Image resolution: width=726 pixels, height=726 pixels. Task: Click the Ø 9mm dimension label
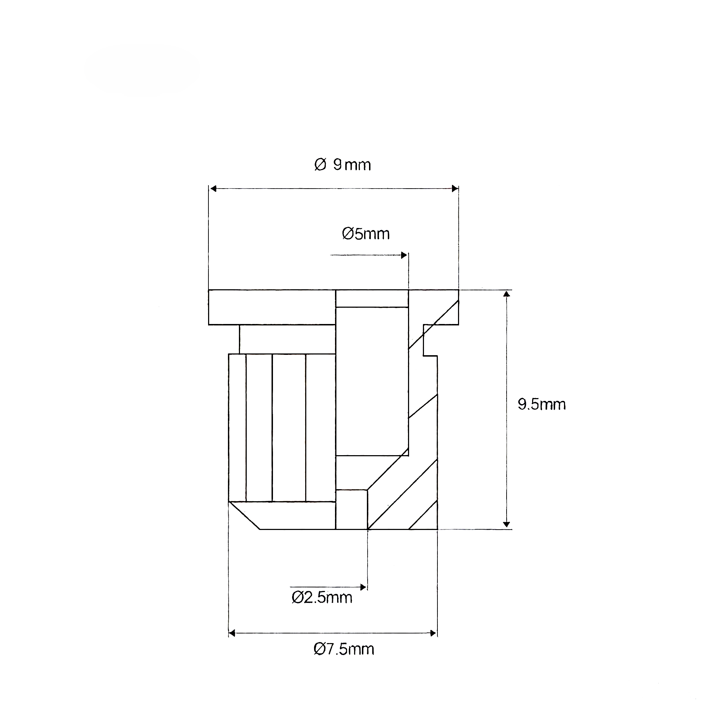click(342, 165)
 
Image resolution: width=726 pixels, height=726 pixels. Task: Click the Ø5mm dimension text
click(365, 234)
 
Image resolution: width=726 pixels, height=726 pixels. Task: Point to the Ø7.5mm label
click(344, 649)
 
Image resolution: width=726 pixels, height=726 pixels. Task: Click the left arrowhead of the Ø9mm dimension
click(213, 189)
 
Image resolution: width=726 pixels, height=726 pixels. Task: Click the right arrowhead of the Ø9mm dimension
click(455, 189)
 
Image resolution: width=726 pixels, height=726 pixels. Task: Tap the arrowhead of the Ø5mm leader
click(404, 256)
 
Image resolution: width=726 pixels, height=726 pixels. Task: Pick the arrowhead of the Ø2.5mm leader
click(363, 587)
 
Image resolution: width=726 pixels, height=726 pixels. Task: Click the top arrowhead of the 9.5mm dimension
click(507, 294)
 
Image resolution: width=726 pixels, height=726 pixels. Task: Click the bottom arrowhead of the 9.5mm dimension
click(507, 525)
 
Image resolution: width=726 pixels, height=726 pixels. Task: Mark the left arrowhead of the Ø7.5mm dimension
click(232, 633)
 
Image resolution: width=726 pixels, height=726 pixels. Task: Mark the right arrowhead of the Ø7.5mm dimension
click(433, 633)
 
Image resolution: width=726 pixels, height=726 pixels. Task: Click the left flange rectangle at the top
click(272, 307)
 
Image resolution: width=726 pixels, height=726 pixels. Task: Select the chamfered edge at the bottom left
click(244, 515)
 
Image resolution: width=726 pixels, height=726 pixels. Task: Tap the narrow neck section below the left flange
click(287, 339)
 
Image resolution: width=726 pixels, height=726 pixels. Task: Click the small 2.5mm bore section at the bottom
click(351, 509)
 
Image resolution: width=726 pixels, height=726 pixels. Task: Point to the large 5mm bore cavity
click(372, 381)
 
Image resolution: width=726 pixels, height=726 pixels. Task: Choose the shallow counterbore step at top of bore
click(372, 299)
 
